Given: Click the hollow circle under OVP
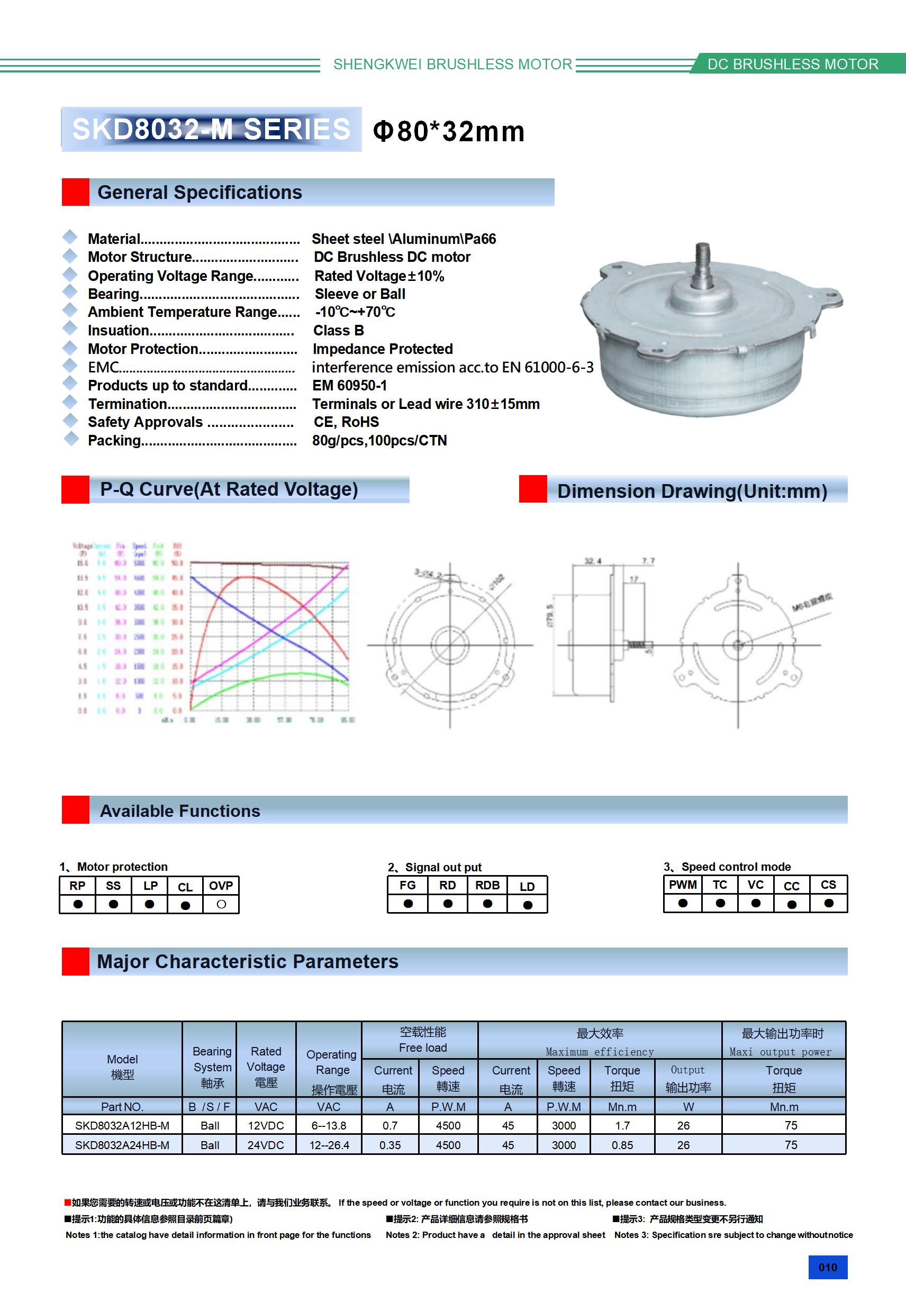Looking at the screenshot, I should click(221, 905).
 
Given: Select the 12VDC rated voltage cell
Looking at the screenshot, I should click(266, 1126).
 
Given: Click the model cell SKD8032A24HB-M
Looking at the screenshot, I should click(122, 1145).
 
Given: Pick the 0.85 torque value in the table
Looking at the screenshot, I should click(622, 1145).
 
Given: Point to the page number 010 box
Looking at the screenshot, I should click(827, 1268).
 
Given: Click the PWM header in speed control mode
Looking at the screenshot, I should click(683, 885).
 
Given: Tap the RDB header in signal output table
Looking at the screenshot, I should click(487, 885).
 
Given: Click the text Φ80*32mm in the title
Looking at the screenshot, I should click(449, 131).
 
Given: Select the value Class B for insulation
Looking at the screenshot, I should click(339, 331).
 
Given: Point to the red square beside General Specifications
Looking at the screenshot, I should click(76, 192).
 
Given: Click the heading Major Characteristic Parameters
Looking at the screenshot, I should click(247, 962).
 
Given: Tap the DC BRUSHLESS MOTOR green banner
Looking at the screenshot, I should click(793, 64).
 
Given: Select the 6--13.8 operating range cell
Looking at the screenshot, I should click(329, 1126).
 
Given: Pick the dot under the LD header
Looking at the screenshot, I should click(528, 905).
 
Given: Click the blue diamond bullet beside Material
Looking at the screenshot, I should click(70, 237).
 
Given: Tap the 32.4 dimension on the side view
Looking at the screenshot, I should click(593, 561).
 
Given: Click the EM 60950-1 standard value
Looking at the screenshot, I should click(349, 386).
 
